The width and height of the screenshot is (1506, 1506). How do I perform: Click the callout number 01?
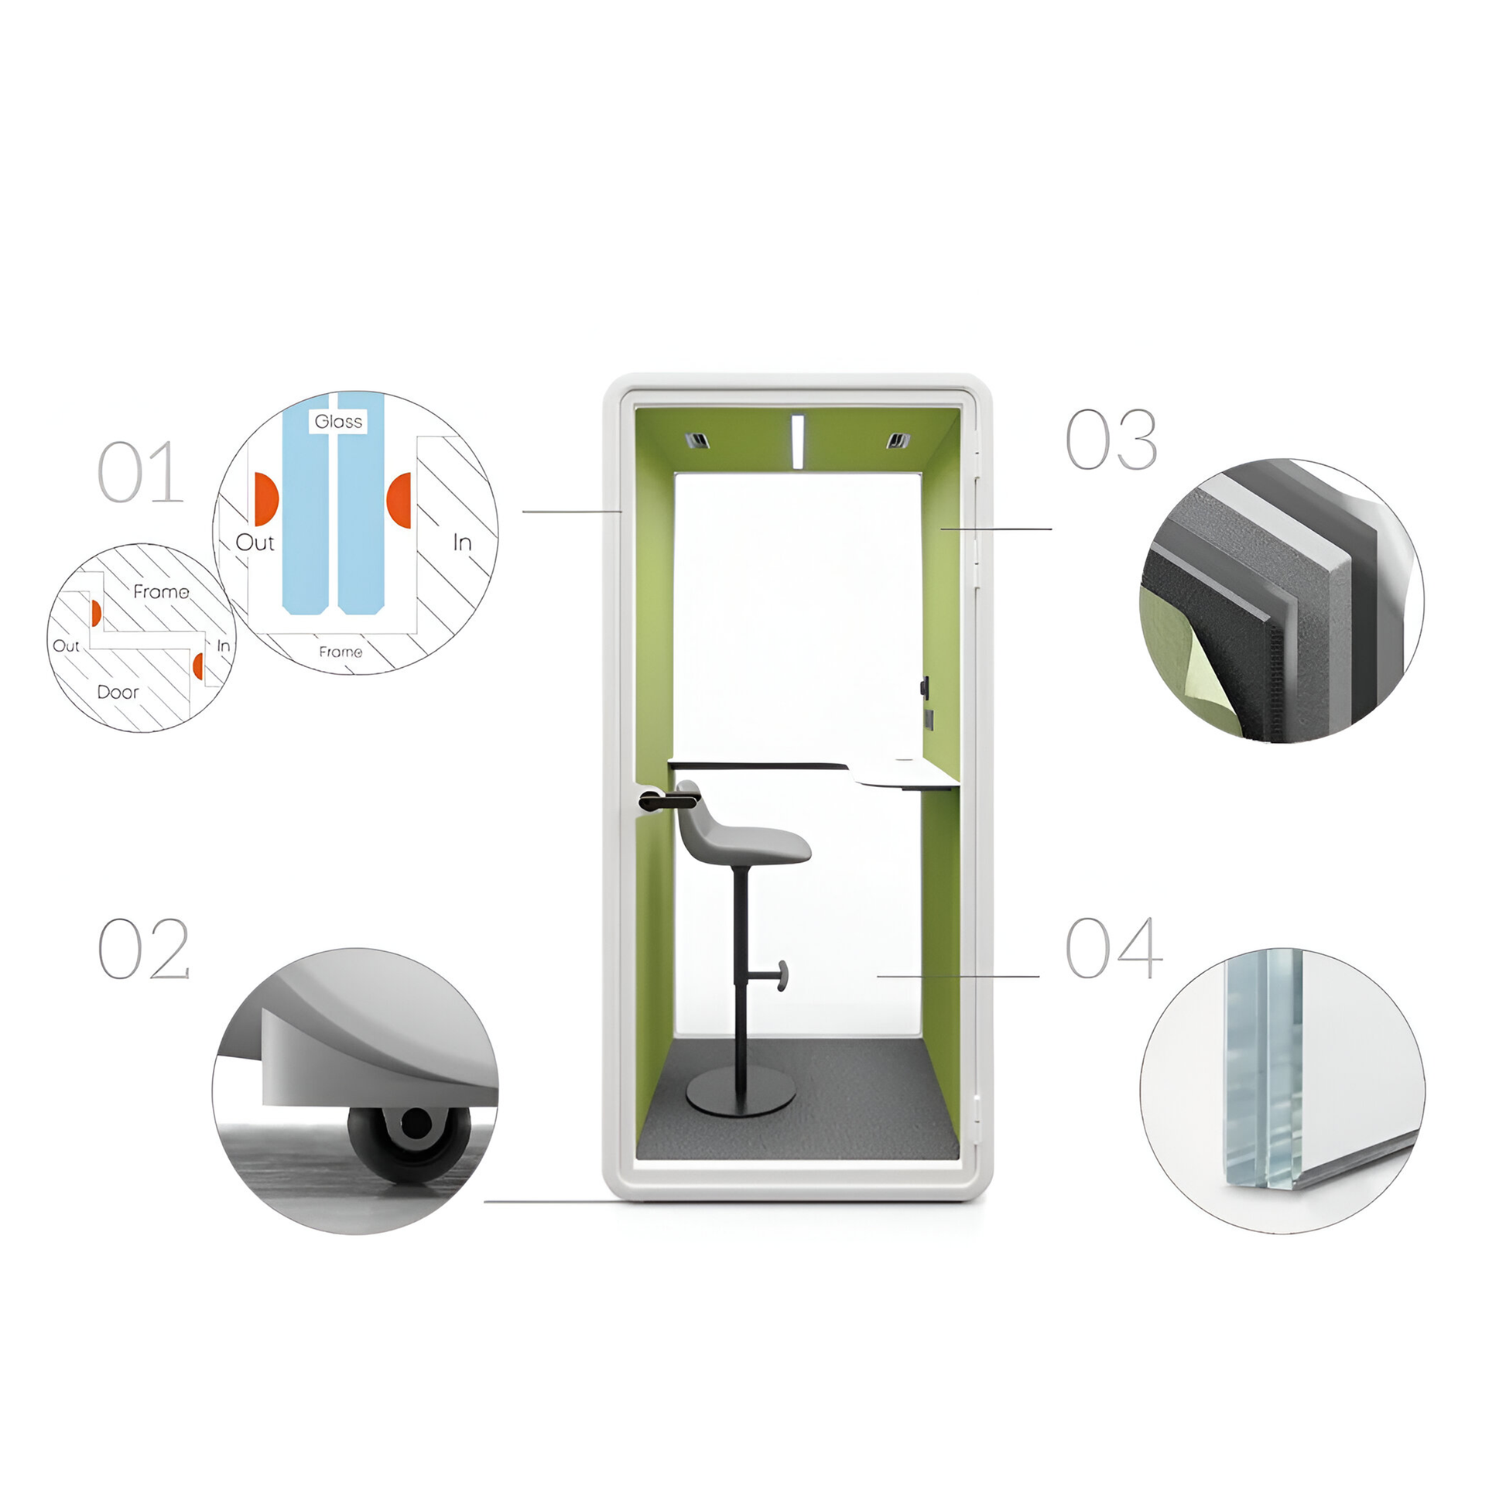140,472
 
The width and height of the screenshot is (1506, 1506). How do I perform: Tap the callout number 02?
144,949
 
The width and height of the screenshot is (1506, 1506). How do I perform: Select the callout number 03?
1111,440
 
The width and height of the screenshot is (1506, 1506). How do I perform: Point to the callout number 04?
1114,948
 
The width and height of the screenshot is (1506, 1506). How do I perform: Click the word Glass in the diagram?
338,422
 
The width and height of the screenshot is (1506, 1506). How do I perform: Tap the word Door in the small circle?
118,692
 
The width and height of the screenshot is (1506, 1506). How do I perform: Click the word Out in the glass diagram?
255,543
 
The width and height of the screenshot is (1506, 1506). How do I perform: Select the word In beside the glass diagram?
462,543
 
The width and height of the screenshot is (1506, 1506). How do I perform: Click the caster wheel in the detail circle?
410,1143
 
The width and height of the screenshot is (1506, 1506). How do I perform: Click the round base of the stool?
741,1090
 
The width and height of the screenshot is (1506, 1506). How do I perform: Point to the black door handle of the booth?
668,799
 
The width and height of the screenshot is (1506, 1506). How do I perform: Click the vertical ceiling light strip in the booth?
797,442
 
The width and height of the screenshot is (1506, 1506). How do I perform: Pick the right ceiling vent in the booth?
898,441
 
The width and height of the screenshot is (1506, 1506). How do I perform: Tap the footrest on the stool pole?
779,975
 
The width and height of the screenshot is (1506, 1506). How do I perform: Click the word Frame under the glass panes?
341,652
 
